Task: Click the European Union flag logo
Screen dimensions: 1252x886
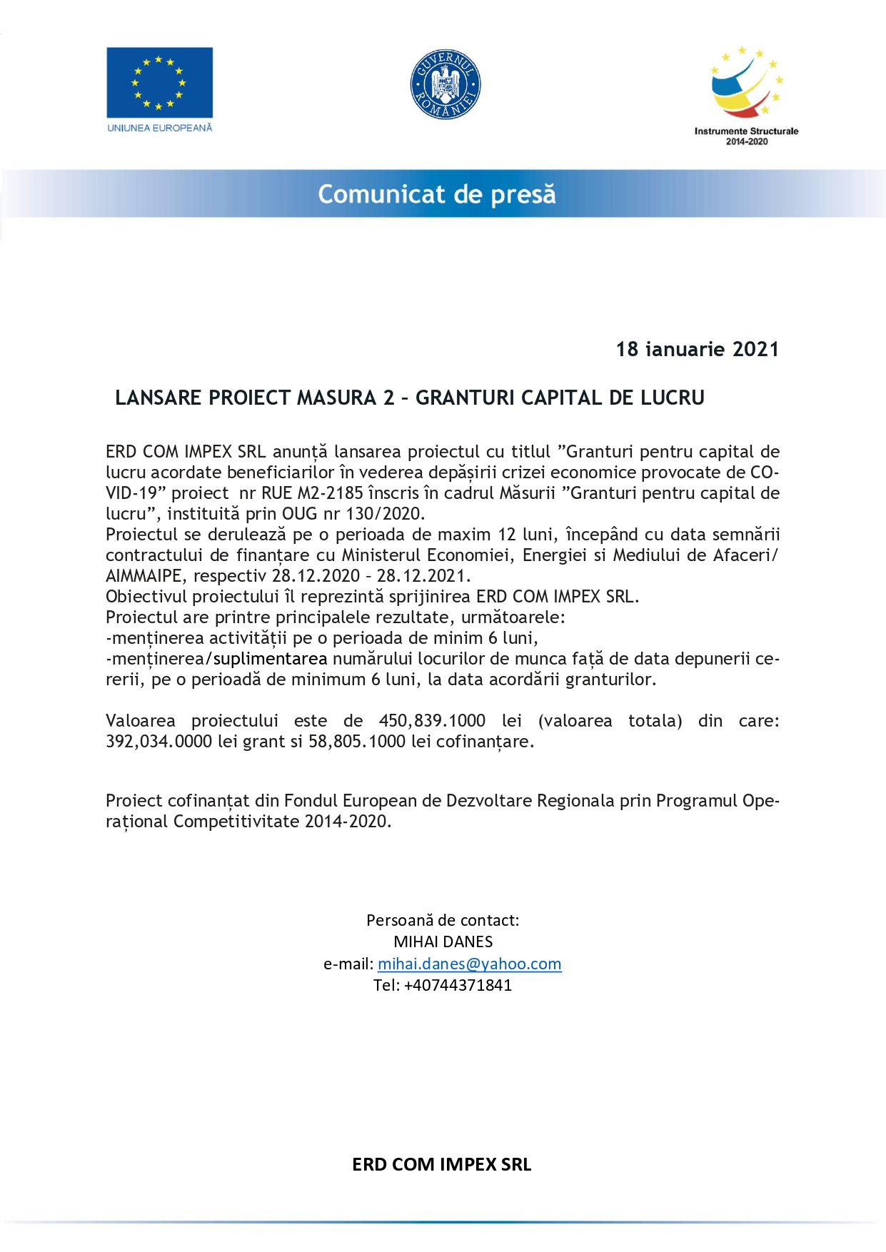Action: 159,82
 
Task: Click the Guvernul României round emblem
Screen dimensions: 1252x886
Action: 445,84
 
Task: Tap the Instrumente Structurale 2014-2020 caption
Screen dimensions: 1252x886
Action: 746,136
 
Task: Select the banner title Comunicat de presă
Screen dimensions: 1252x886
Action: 436,194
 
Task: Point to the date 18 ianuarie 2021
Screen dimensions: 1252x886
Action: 697,349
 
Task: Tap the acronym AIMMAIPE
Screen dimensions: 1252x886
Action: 144,576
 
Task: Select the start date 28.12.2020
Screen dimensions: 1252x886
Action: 316,576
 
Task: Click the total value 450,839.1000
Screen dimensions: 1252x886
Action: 432,721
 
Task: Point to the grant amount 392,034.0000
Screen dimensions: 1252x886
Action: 158,742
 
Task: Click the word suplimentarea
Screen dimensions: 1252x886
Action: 270,659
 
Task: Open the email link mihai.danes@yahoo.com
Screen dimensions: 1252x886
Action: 469,964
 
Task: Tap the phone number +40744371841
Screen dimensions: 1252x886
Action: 458,986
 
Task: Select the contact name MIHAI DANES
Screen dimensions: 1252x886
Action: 443,942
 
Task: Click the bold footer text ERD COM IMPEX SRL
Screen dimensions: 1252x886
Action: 441,1165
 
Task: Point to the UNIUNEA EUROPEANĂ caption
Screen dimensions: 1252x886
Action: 159,128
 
